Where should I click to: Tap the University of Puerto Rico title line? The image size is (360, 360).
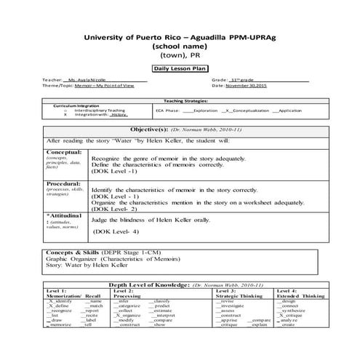(x=179, y=36)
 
